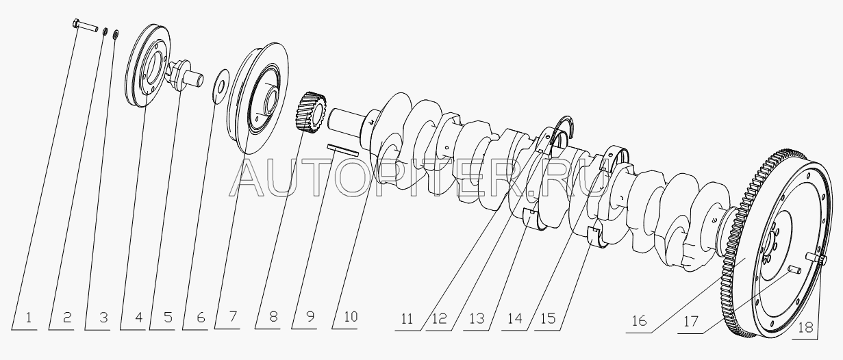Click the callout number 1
click(x=29, y=318)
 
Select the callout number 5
click(x=168, y=318)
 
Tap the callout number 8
click(x=273, y=317)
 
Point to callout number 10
click(x=351, y=317)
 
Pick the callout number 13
click(x=477, y=319)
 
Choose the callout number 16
click(x=639, y=320)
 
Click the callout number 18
click(x=805, y=328)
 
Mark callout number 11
click(x=407, y=319)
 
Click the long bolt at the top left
click(x=84, y=27)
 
